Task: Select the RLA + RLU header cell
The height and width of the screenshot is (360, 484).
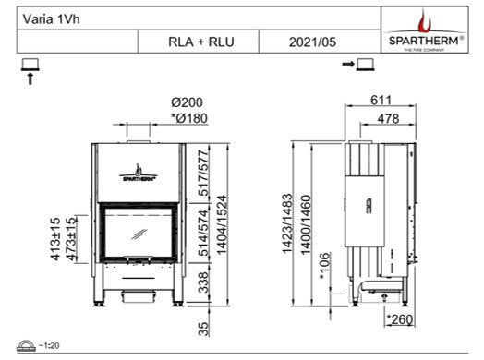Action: coord(197,42)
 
